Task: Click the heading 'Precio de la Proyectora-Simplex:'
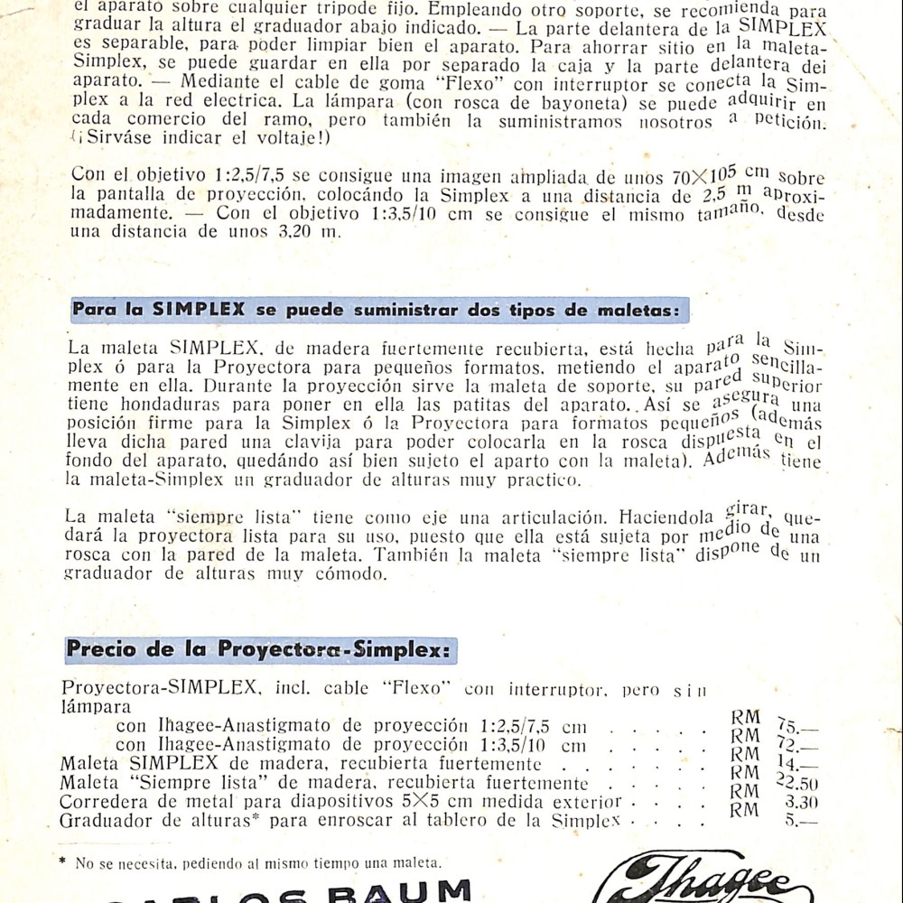pyautogui.click(x=261, y=650)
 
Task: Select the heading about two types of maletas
pyautogui.click(x=379, y=310)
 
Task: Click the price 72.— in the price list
pyautogui.click(x=797, y=748)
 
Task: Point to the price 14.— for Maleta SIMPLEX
pyautogui.click(x=797, y=766)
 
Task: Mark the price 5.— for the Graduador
pyautogui.click(x=801, y=822)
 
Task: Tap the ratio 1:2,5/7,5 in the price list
pyautogui.click(x=514, y=727)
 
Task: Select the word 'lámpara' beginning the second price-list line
pyautogui.click(x=96, y=707)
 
